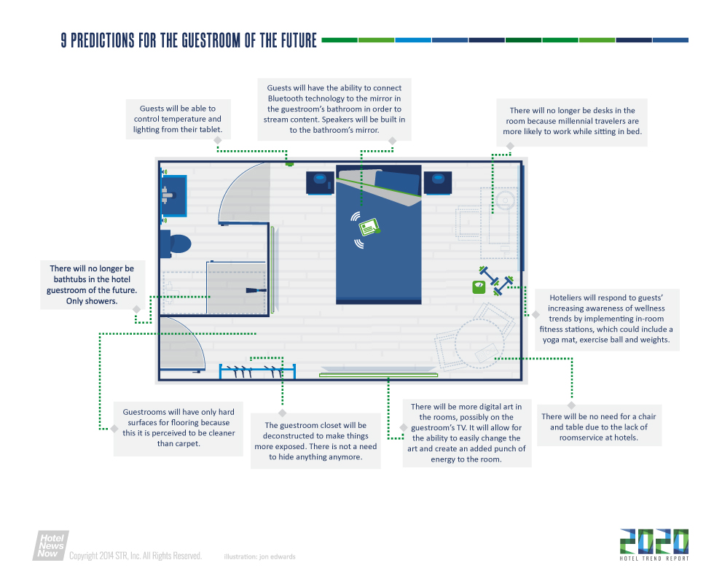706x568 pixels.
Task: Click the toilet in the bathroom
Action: coord(176,244)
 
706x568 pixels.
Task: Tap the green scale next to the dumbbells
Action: coord(479,287)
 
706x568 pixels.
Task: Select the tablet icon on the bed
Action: coord(369,227)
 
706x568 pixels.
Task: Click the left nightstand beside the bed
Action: coord(320,182)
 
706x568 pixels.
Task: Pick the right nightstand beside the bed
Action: coord(438,182)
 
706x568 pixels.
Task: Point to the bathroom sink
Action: coord(174,196)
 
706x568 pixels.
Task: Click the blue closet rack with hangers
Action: coord(257,372)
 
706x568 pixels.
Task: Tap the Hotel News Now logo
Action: coord(50,545)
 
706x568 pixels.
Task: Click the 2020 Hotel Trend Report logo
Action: coord(654,545)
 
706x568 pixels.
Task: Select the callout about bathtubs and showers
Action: coord(93,284)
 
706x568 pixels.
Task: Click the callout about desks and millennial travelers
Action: coord(572,122)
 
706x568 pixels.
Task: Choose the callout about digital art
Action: coord(466,433)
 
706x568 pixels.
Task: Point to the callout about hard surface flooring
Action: coord(179,428)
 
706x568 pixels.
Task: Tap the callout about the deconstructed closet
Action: coord(315,441)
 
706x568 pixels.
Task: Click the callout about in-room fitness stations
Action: coord(606,319)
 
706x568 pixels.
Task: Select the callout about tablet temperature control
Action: coord(178,119)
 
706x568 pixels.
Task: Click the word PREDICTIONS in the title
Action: coord(102,41)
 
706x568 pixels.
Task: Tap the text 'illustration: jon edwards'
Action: coord(260,557)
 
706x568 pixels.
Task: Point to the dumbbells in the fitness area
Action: coord(496,281)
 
